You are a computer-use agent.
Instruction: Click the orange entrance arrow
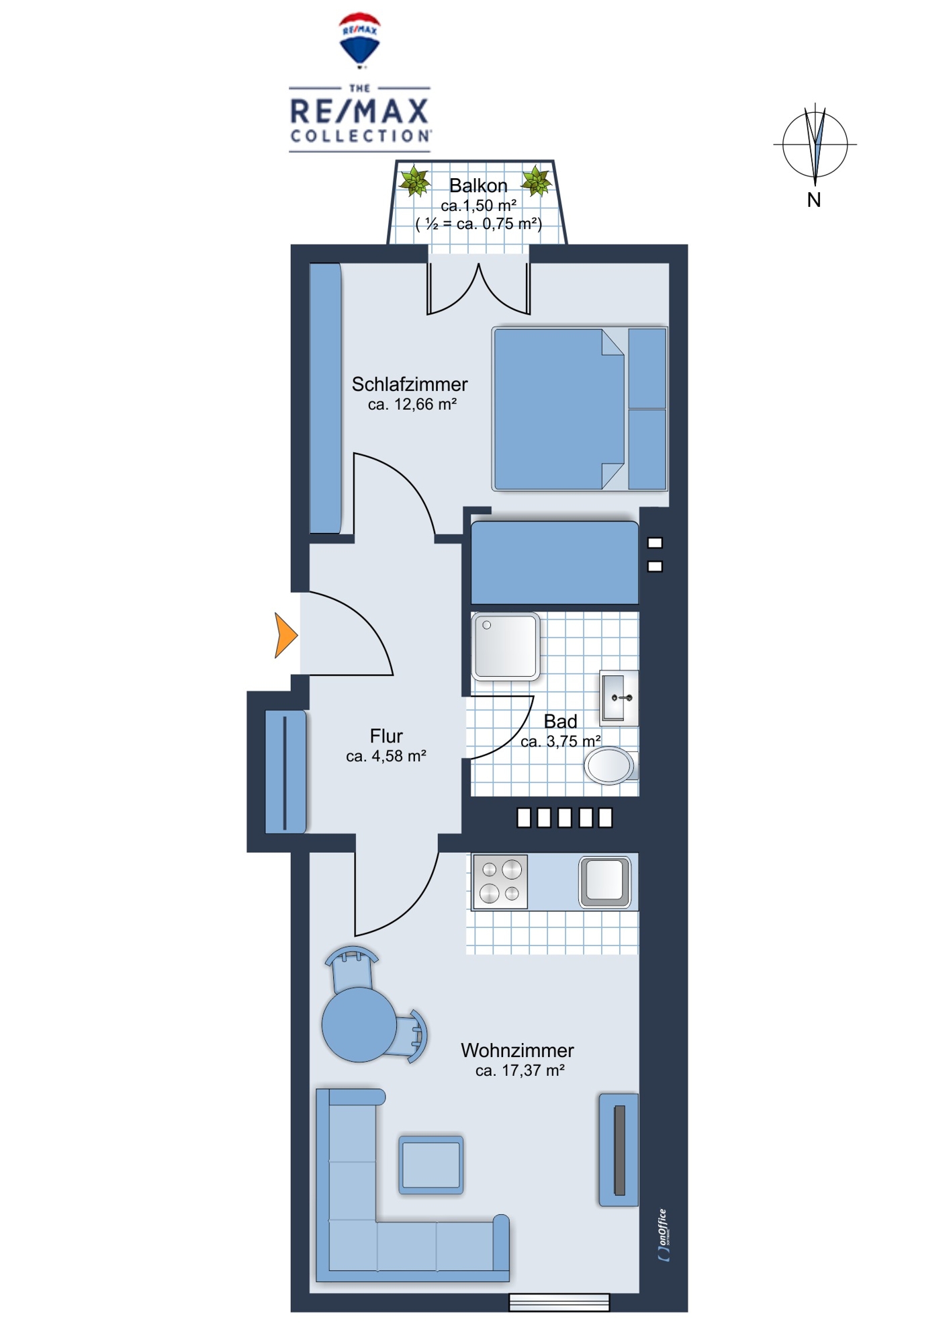tap(285, 635)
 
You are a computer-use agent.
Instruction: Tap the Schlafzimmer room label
tap(410, 384)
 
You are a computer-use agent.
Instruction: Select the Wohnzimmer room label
tap(517, 1050)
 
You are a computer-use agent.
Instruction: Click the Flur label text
tap(386, 736)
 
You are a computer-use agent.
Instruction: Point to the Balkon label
tap(478, 185)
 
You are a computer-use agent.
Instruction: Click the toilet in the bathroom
tap(611, 765)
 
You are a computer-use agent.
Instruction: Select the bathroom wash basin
tap(619, 698)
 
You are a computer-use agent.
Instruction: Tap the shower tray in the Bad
tap(506, 646)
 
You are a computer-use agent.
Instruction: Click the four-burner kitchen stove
tap(500, 881)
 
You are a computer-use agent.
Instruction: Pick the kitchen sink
tap(605, 880)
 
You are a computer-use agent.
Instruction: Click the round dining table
tap(359, 1025)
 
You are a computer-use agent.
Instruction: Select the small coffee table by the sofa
tap(431, 1165)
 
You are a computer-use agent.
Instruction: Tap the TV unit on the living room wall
tap(619, 1150)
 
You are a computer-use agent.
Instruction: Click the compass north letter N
tap(814, 200)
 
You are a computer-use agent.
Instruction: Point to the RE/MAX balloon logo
tap(360, 40)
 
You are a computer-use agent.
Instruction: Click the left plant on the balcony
tap(414, 181)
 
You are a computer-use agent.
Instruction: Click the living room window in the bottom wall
tap(559, 1302)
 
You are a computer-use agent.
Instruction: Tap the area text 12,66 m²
tap(412, 405)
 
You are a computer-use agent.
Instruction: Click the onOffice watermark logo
tap(664, 1234)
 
